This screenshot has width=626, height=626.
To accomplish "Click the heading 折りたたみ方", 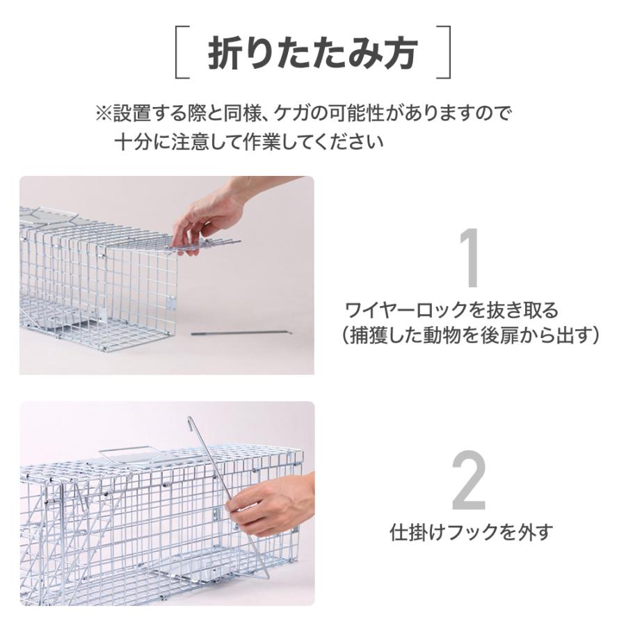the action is tap(312, 53).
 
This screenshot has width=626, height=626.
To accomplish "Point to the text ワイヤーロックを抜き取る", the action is tap(451, 310).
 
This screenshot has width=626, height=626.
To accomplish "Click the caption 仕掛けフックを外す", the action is tap(472, 532).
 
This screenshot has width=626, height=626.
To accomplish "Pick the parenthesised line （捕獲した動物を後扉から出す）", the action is tap(469, 336).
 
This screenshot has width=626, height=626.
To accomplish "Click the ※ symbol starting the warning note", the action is tap(104, 113).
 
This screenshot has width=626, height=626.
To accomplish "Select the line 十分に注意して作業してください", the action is tap(249, 142).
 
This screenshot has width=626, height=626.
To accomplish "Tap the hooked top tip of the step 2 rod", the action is tap(189, 419).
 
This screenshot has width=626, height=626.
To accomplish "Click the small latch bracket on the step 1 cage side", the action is tap(171, 303).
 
